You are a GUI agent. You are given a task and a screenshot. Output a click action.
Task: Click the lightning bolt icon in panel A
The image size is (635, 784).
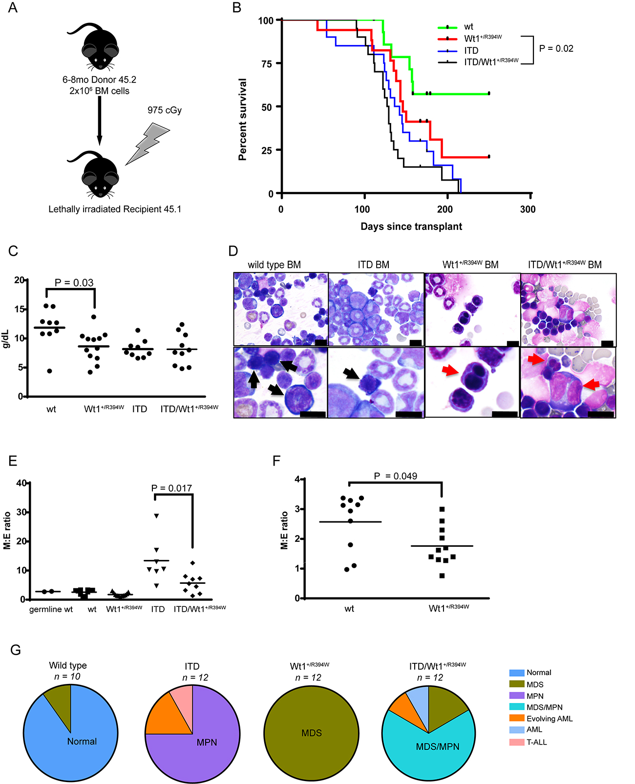[147, 143]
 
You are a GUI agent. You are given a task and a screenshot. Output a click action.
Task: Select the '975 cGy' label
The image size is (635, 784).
[165, 110]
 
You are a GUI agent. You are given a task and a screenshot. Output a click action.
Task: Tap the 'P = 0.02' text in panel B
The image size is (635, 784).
[556, 49]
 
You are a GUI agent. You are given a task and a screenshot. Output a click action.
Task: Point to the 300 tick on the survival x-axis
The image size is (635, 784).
[528, 209]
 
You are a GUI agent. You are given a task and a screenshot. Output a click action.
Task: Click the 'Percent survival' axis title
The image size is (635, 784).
[242, 120]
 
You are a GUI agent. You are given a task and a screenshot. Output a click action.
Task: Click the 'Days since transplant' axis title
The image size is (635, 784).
[411, 227]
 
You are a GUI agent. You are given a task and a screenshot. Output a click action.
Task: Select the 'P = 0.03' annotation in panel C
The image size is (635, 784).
[74, 283]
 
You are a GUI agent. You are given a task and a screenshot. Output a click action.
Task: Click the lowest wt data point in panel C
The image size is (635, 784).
[49, 371]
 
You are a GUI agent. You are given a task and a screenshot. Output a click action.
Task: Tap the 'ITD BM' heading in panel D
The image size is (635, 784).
[373, 265]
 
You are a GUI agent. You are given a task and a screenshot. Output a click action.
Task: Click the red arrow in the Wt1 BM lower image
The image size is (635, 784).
[451, 372]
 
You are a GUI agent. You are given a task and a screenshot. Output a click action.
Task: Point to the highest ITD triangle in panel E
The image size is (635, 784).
[156, 516]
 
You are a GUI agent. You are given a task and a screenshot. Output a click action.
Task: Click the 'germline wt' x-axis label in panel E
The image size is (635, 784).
[51, 609]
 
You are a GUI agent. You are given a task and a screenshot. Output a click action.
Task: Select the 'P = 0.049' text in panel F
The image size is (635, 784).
[395, 476]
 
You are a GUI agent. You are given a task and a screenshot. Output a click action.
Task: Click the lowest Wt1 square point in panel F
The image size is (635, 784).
[442, 576]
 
